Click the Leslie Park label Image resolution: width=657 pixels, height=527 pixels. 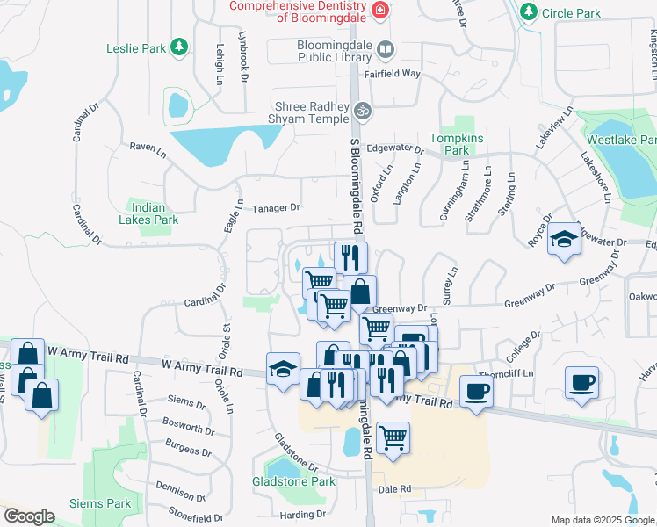(x=135, y=49)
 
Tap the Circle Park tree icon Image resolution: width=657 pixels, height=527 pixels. (x=528, y=12)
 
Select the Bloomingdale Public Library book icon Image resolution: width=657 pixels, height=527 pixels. (x=385, y=49)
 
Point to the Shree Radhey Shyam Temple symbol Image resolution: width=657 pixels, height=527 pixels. (x=363, y=112)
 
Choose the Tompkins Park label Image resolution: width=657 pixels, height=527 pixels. (x=449, y=144)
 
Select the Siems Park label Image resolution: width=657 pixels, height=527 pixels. (x=101, y=503)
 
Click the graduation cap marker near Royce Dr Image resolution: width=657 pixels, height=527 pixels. (x=563, y=240)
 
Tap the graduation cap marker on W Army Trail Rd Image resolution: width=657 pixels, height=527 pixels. (x=283, y=367)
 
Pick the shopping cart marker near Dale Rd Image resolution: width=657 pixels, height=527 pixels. (x=392, y=435)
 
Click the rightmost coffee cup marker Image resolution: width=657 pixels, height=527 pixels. (x=582, y=383)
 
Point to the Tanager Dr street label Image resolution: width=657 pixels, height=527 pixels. (x=277, y=208)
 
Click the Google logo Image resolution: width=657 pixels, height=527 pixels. (x=28, y=516)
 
